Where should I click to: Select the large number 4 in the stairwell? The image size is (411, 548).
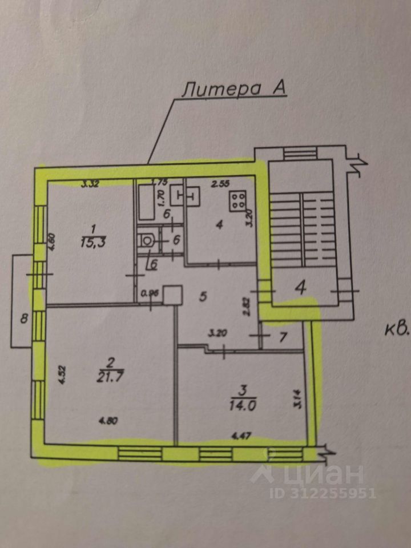[x=299, y=287]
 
